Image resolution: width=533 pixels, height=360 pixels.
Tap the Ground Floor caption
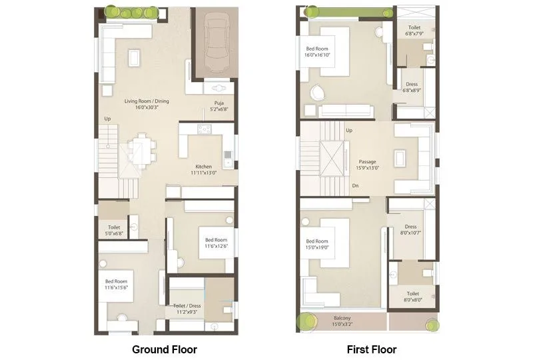coord(165,349)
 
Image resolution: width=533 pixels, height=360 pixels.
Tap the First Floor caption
coord(372,349)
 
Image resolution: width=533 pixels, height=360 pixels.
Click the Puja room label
coord(219,106)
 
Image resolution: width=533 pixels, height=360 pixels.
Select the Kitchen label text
coord(203,169)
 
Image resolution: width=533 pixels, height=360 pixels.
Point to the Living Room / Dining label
coord(147,104)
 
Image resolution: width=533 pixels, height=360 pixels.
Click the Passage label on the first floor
coord(368,165)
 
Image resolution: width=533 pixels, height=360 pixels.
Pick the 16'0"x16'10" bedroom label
coord(318,52)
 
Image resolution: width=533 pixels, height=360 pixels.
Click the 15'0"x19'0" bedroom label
coord(317,245)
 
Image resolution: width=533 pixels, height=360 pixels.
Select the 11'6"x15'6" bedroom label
coord(116,285)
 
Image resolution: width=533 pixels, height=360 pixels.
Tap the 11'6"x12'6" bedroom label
coord(216,243)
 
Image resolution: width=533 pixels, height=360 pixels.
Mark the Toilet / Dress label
coord(189,309)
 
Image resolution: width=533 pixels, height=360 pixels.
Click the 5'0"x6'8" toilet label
coord(114,231)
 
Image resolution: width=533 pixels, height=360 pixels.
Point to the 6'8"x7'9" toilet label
coord(414,32)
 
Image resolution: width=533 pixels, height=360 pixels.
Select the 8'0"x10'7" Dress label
coord(410,230)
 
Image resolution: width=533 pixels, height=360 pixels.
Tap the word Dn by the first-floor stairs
coord(355,185)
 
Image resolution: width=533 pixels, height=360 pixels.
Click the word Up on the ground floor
coord(107,119)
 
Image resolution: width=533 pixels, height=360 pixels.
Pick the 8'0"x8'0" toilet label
coord(413,297)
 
